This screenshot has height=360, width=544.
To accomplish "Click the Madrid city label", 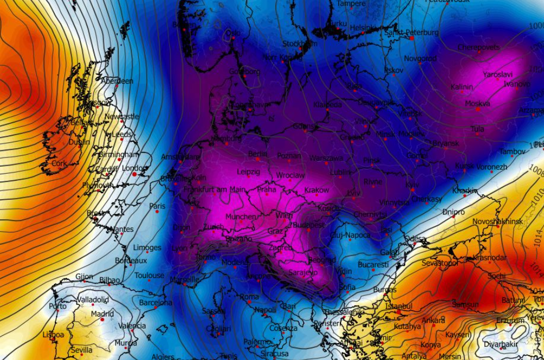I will click(x=103, y=314).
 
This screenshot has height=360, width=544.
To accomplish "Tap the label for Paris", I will click(x=157, y=206).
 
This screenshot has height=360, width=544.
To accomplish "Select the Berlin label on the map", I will click(x=258, y=154).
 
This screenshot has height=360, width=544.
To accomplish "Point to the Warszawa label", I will click(x=326, y=159).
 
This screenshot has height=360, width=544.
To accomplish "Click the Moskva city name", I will click(x=478, y=103).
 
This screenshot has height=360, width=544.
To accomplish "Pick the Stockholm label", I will click(x=299, y=43).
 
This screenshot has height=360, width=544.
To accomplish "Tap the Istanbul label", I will click(x=399, y=306).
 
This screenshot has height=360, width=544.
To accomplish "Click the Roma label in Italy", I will click(x=249, y=297).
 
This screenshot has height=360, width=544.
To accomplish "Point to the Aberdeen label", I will click(x=117, y=81).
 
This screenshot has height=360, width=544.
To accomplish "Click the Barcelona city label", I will click(x=155, y=302).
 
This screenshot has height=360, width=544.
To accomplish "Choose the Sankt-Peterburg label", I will click(x=412, y=33).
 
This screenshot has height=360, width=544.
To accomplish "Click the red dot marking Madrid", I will click(x=102, y=320).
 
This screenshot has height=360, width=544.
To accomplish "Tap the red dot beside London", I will click(x=135, y=174).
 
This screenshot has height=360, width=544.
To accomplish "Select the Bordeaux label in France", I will click(x=131, y=261).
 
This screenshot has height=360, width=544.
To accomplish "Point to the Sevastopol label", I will click(x=440, y=263).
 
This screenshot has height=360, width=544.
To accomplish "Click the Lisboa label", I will click(x=53, y=335).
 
